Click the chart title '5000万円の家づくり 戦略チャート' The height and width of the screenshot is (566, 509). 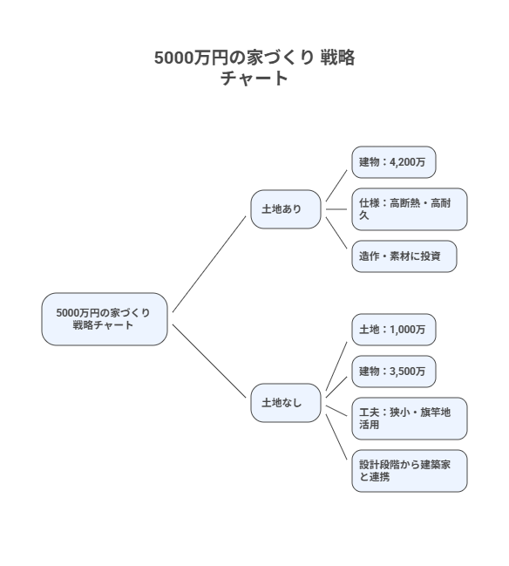click(254, 68)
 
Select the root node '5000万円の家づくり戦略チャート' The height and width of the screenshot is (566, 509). click(104, 318)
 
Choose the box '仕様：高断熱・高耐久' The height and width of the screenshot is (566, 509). click(408, 208)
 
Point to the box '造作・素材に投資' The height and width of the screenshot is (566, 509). click(403, 256)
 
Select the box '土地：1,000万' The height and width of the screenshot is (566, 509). click(391, 330)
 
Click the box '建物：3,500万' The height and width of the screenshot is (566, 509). click(391, 372)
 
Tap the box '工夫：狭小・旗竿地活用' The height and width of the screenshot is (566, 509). click(408, 418)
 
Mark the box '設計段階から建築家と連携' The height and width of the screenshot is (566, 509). click(408, 471)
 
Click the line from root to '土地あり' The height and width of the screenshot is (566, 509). click(210, 263)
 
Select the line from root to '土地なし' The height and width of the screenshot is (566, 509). click(210, 362)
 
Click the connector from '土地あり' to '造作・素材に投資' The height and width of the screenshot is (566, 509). click(336, 233)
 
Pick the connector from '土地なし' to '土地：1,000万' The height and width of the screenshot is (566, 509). click(336, 366)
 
